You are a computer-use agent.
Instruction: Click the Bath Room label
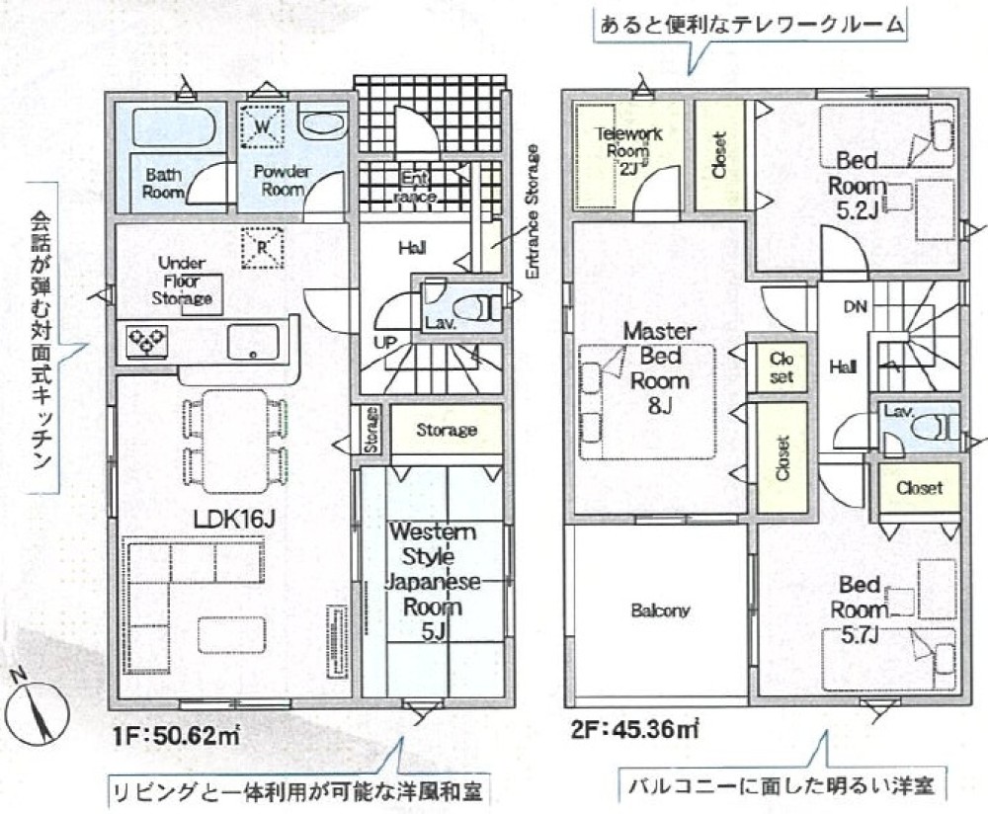(163, 183)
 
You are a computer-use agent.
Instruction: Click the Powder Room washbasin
(323, 126)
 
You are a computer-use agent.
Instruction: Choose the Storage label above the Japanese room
(446, 430)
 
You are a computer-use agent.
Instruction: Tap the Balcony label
(660, 610)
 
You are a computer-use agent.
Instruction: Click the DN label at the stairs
(855, 306)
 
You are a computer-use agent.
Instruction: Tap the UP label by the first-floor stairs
(385, 342)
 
